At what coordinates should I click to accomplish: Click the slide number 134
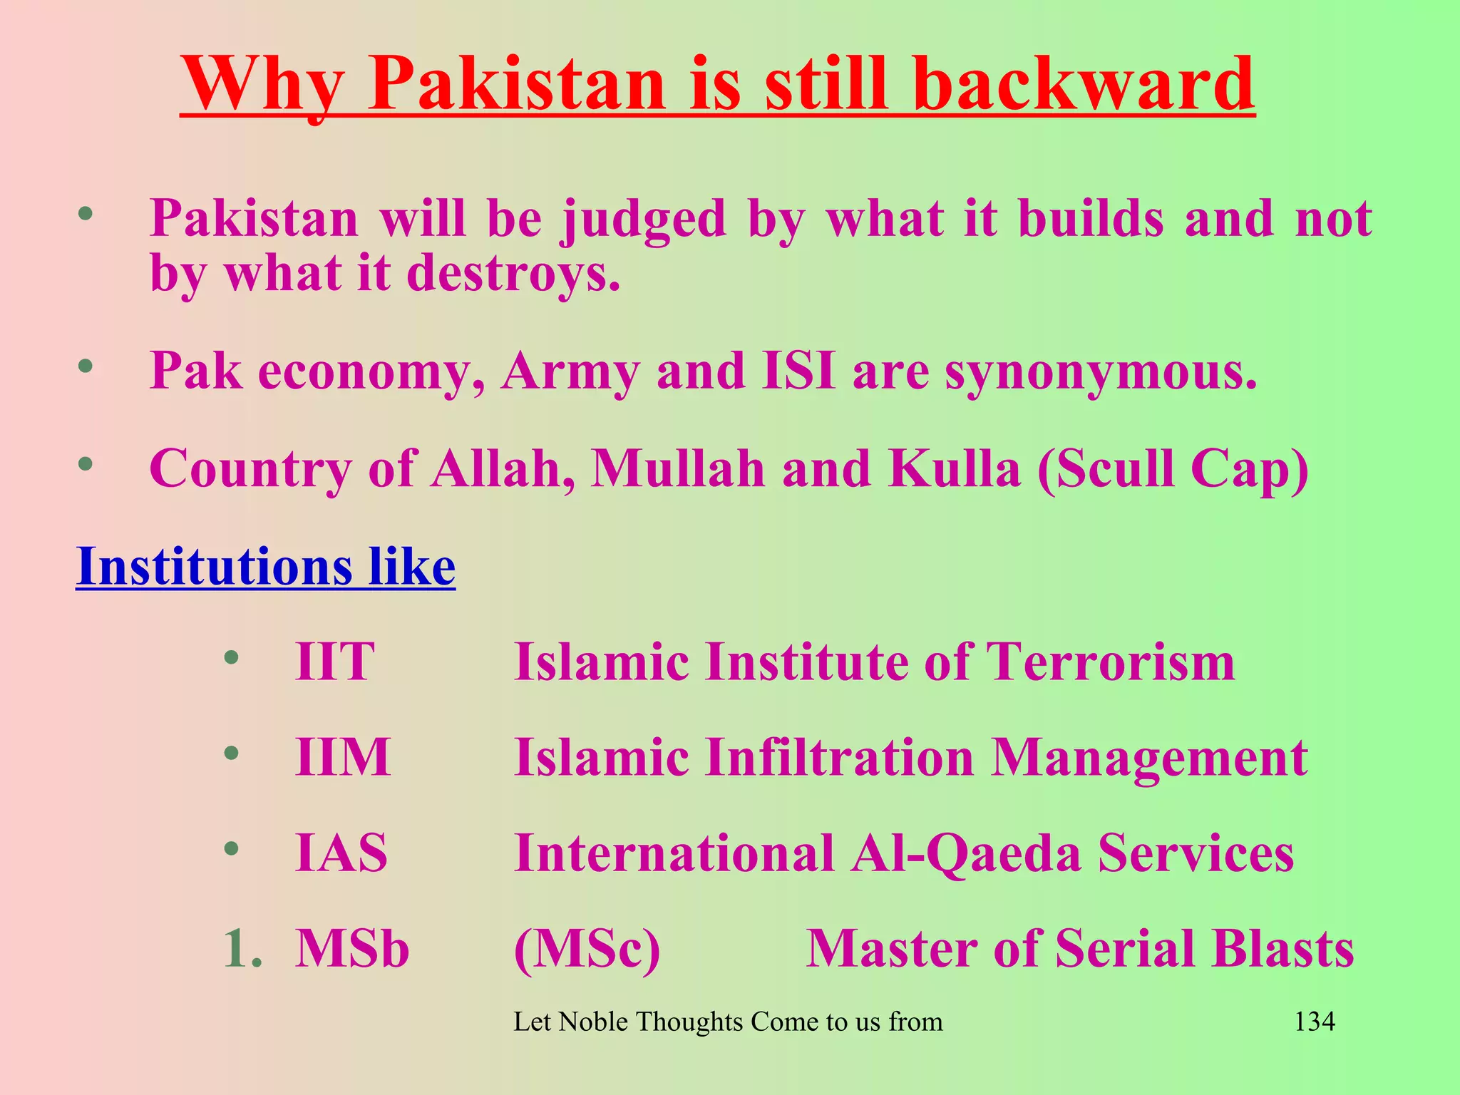1314,1022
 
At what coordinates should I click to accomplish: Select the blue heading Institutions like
265,567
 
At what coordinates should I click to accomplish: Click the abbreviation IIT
334,662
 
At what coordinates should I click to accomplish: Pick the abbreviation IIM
343,757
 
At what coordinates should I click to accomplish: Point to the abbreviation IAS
341,853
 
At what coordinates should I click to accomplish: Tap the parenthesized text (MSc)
587,950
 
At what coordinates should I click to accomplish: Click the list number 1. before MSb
242,949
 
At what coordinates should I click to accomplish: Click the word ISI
798,371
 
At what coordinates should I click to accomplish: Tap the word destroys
513,274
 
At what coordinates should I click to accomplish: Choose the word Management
1149,757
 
